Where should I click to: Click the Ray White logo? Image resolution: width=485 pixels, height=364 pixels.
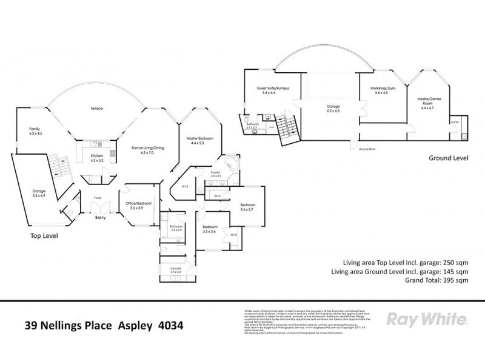(426, 319)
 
